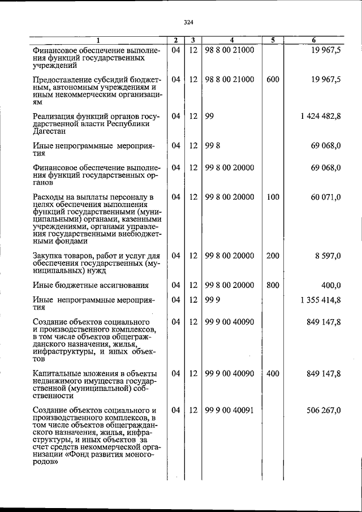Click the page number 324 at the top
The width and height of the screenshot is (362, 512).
click(x=189, y=23)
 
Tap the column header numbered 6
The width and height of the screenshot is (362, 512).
click(x=314, y=40)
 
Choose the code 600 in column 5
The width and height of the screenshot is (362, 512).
click(x=273, y=80)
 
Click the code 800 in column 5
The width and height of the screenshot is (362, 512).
click(x=273, y=285)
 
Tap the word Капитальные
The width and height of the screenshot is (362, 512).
click(x=57, y=373)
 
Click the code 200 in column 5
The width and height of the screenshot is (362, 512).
click(x=273, y=256)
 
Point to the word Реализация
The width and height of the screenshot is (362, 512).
click(x=55, y=116)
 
